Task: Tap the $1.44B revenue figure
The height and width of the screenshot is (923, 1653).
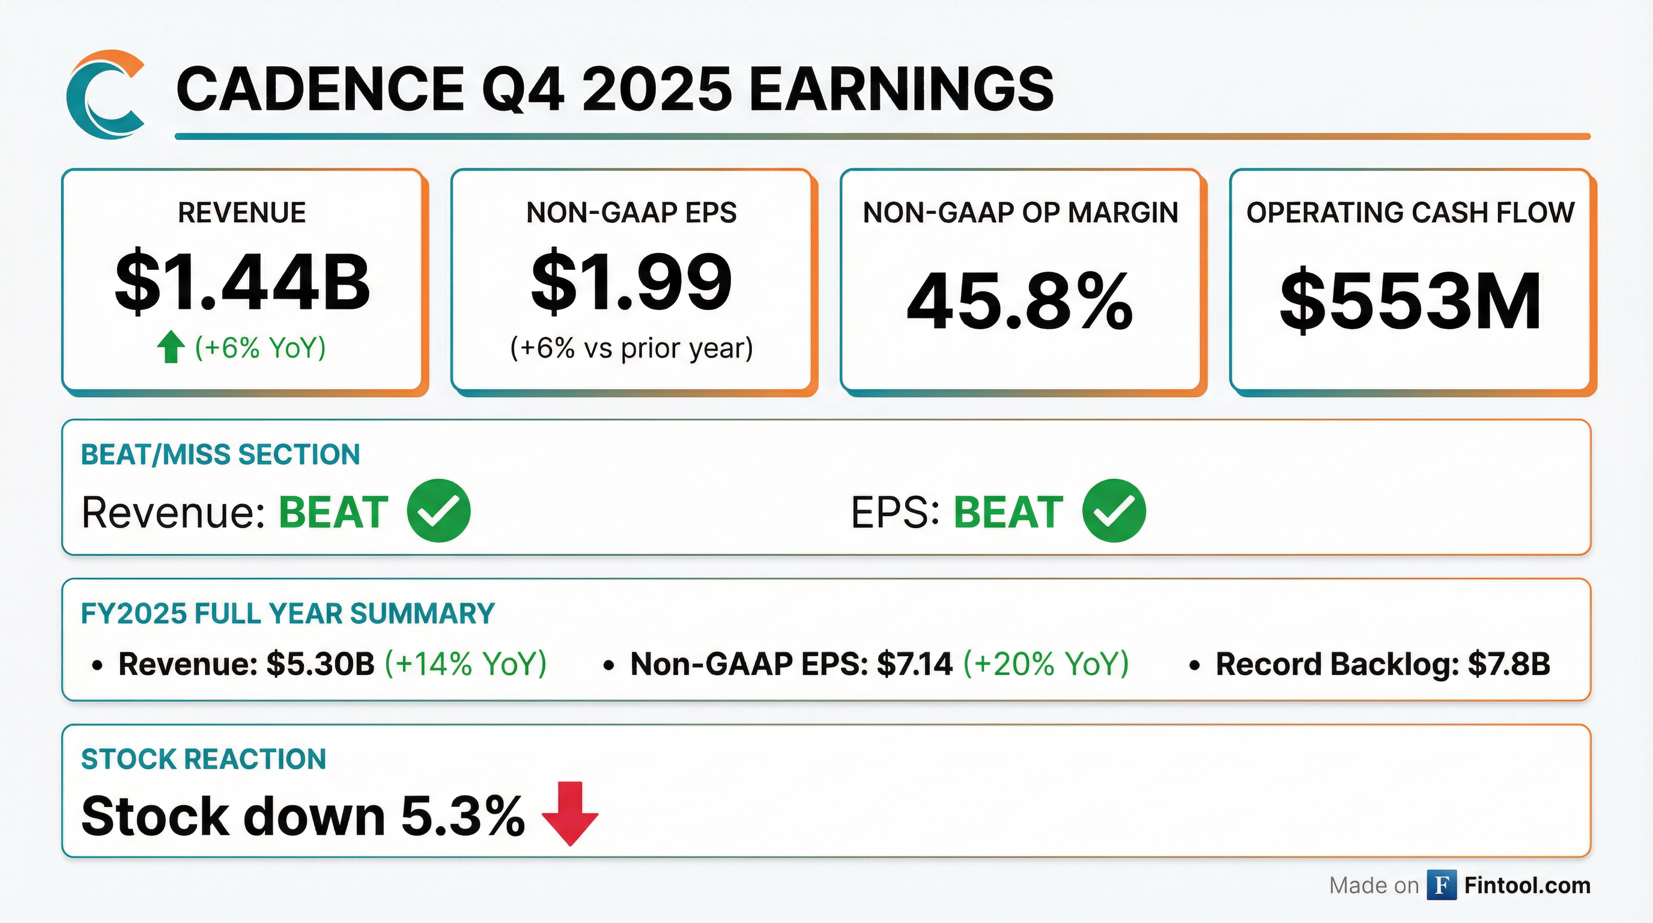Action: click(x=243, y=282)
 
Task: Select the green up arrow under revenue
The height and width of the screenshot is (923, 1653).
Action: click(x=171, y=347)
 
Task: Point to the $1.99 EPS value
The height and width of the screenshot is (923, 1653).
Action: click(x=631, y=282)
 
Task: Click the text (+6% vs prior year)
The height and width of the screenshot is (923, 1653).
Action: click(x=631, y=349)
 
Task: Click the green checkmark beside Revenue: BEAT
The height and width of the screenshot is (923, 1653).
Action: click(x=439, y=511)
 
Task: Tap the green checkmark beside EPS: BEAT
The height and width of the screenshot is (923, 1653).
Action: click(x=1114, y=511)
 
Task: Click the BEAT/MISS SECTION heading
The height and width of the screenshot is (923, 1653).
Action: click(x=220, y=454)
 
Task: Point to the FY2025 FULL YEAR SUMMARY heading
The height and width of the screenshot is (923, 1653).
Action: click(x=288, y=614)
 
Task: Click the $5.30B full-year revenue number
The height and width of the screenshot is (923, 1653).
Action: click(x=320, y=663)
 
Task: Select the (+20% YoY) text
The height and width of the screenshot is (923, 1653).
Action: click(x=1046, y=663)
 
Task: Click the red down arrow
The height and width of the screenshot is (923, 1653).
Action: click(x=570, y=813)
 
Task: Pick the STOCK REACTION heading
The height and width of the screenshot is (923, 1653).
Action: click(x=204, y=760)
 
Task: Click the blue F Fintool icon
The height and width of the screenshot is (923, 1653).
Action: click(x=1441, y=885)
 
